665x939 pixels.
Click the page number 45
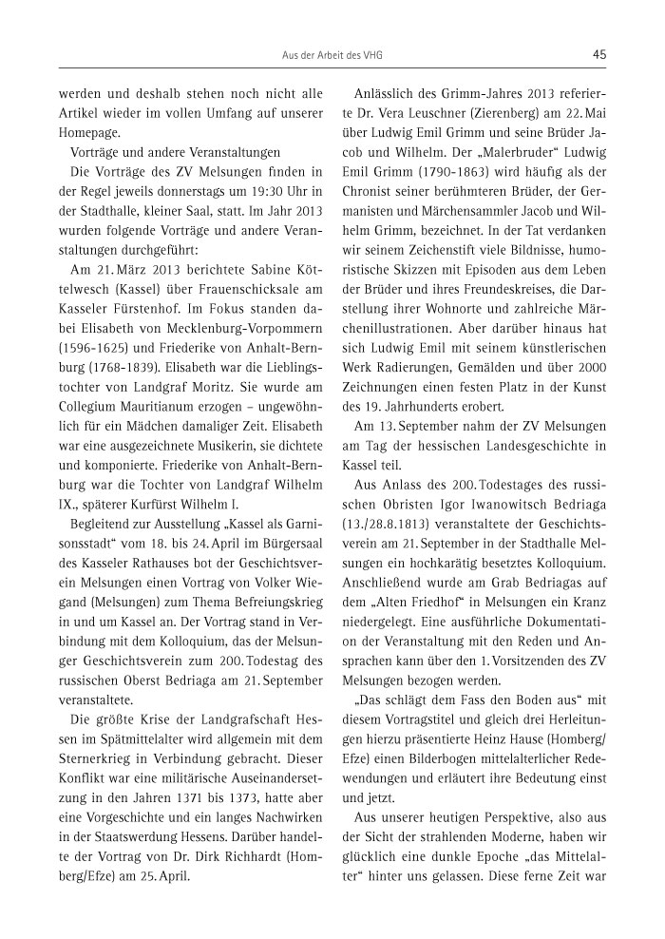click(598, 55)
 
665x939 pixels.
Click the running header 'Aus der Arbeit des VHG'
click(332, 55)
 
